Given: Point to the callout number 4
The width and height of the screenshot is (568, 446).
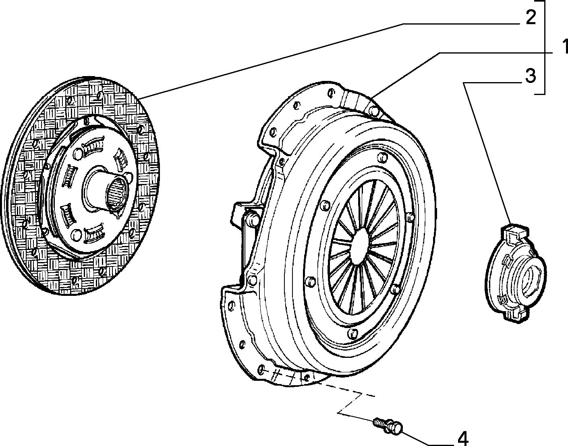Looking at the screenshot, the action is click(x=463, y=438).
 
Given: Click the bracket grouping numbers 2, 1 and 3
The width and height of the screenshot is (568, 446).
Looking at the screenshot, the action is click(x=545, y=47).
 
